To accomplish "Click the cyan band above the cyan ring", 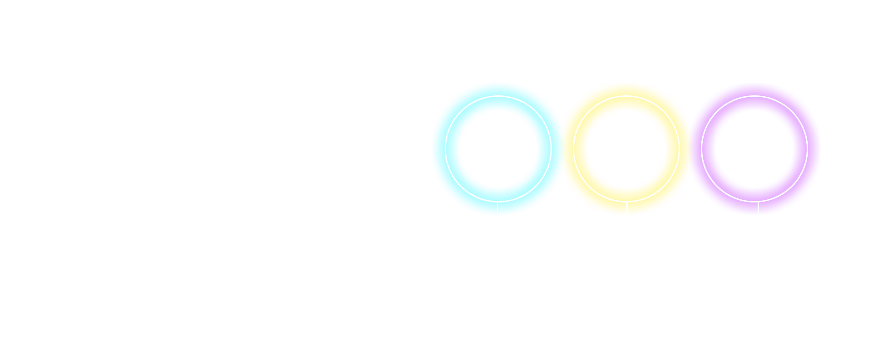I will [498, 89].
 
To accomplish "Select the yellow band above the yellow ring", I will [626, 89].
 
